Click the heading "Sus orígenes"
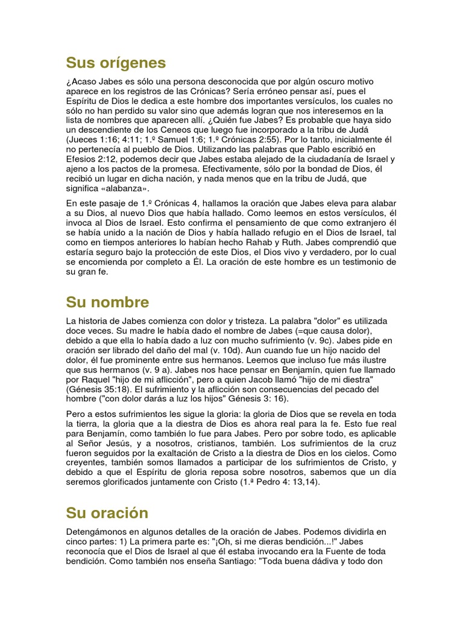[116, 63]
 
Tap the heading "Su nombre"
[107, 302]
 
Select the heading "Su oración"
[107, 513]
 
